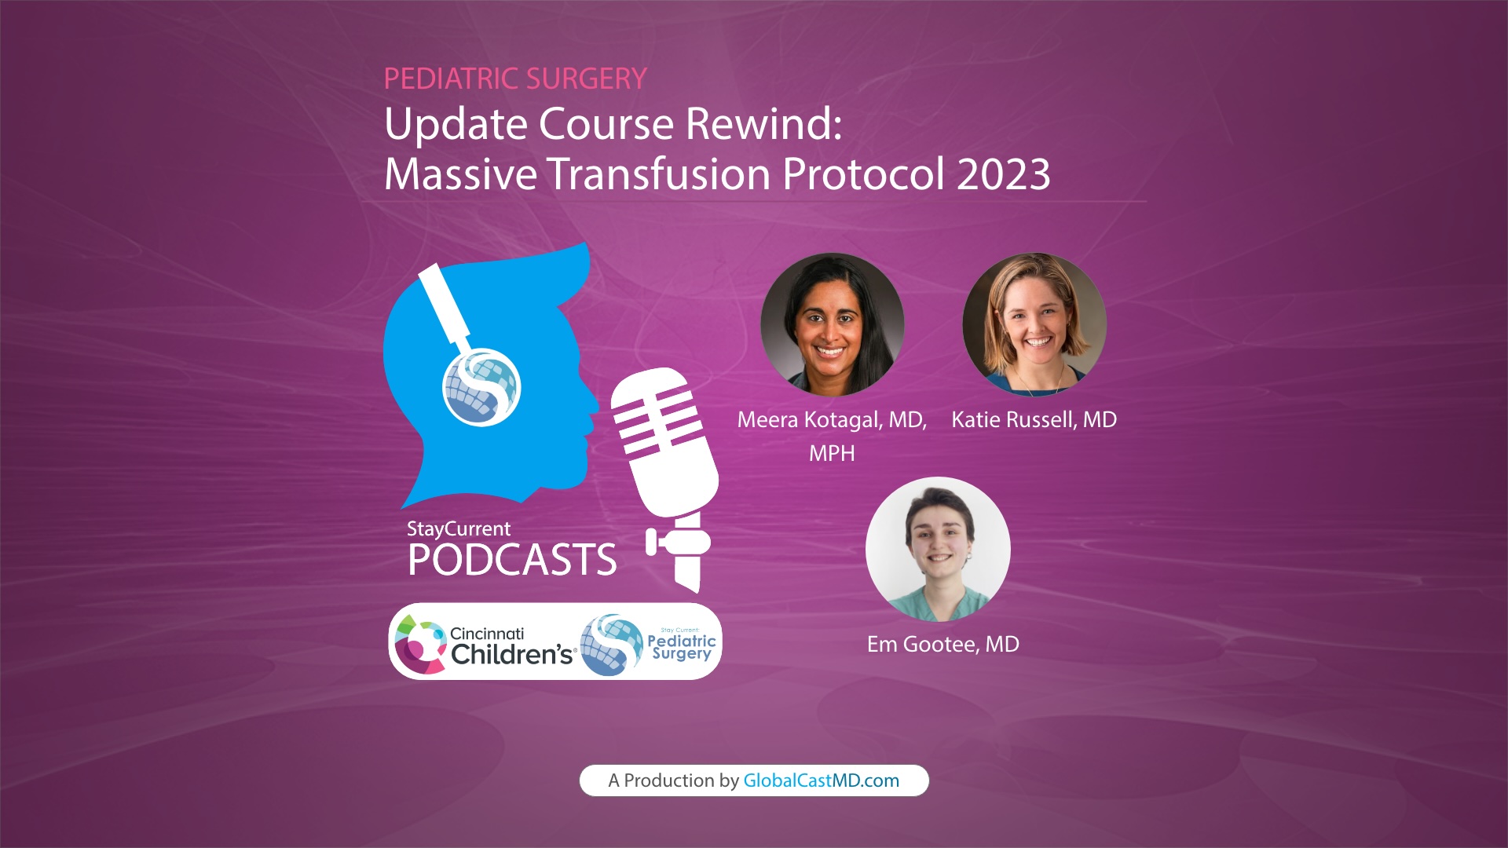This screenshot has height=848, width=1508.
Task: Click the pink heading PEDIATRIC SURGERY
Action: tap(515, 79)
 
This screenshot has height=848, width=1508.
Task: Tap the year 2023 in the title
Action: tap(1003, 174)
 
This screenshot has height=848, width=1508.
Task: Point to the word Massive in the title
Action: tap(460, 174)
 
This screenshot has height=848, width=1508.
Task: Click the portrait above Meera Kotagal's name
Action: tap(832, 323)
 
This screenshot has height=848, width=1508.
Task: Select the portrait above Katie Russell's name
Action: tap(1034, 323)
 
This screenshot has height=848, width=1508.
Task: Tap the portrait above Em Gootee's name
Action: tap(938, 549)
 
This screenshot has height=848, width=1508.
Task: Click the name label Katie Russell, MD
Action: tap(1034, 420)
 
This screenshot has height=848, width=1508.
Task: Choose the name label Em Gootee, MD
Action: tap(942, 645)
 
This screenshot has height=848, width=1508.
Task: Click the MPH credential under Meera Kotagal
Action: tap(832, 454)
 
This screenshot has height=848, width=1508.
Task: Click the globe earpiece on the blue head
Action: tap(481, 387)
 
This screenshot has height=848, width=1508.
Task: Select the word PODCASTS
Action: tap(512, 560)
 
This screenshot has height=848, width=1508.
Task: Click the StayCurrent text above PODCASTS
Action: tap(459, 529)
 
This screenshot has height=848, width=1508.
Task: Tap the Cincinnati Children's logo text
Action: tap(511, 646)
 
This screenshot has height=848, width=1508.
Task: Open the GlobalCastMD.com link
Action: tap(821, 780)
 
